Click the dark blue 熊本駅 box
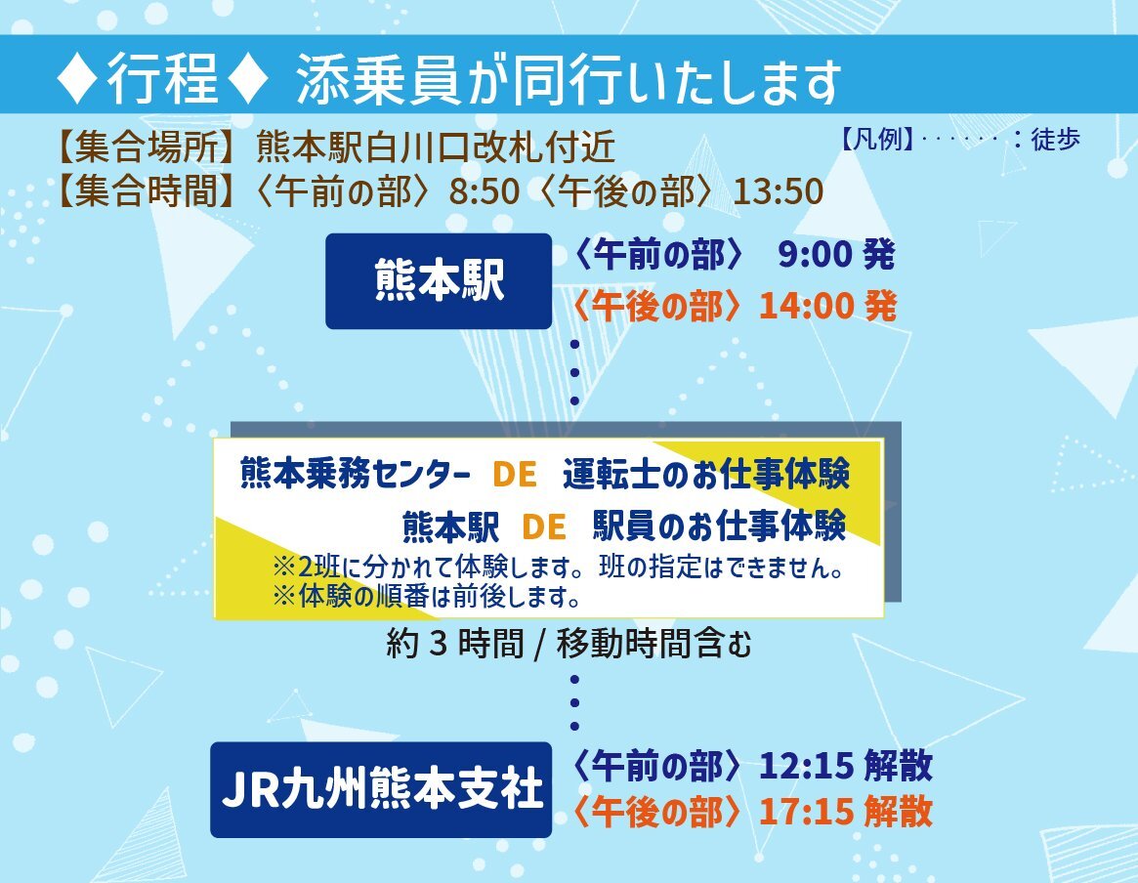point(439,280)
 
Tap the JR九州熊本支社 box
point(381,789)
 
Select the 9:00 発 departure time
point(836,255)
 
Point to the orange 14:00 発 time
point(828,306)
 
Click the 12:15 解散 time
point(846,766)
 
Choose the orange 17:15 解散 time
point(846,811)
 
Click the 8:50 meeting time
point(485,191)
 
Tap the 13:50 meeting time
point(778,191)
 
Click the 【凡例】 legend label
point(877,138)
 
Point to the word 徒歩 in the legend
point(1055,139)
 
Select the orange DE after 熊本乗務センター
point(514,475)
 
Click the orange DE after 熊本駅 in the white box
point(543,526)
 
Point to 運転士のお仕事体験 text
point(705,475)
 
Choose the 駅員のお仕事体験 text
point(719,526)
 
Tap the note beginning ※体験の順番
point(428,597)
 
